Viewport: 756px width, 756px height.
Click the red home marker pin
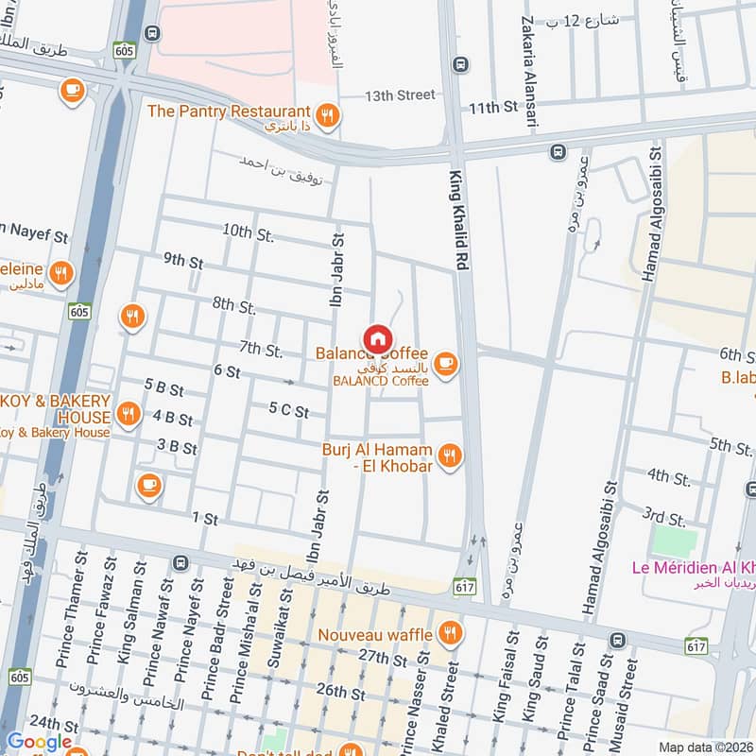click(x=376, y=338)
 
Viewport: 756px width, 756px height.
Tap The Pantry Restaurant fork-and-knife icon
click(x=328, y=116)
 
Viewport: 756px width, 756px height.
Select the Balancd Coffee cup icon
click(x=445, y=363)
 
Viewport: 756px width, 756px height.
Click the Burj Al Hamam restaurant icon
click(x=451, y=456)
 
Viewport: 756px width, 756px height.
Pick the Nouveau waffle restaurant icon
click(x=451, y=634)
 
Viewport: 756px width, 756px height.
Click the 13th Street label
click(x=401, y=95)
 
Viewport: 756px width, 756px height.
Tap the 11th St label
click(x=495, y=108)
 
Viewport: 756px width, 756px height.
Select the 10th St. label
click(x=249, y=234)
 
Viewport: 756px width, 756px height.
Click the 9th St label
click(x=182, y=261)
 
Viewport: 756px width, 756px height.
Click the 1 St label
click(x=205, y=519)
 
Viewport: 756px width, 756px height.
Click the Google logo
click(x=39, y=742)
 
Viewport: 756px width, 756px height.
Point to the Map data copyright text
click(x=705, y=747)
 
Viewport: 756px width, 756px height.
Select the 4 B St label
click(x=172, y=418)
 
